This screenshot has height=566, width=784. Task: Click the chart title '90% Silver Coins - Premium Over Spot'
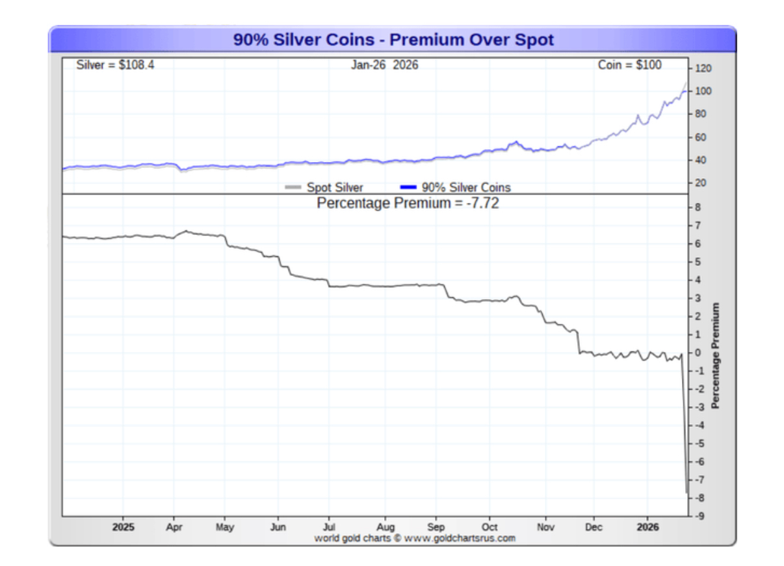tap(393, 40)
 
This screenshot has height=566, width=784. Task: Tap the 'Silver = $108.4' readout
tap(115, 65)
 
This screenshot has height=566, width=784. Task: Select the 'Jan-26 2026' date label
tap(385, 65)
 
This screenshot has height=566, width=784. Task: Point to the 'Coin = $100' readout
tap(630, 65)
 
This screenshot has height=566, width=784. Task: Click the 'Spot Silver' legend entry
tap(334, 187)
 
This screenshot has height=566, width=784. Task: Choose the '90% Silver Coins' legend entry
tap(465, 187)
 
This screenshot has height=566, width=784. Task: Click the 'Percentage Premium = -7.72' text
tap(408, 203)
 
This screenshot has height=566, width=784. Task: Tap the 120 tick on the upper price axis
tap(703, 68)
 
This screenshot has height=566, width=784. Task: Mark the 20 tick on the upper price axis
tap(701, 183)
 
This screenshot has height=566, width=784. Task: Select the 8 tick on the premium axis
tap(698, 208)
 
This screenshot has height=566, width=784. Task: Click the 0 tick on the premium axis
tap(698, 353)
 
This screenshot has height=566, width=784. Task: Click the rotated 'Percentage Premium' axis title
tap(715, 355)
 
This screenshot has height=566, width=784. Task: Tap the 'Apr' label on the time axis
tap(174, 527)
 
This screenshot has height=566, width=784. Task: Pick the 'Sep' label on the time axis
tap(436, 527)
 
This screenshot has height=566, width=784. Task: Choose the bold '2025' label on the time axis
tap(123, 527)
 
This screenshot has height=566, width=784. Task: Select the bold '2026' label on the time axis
tap(647, 527)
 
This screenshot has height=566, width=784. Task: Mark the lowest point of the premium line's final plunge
tap(686, 492)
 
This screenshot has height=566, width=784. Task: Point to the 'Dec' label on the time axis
tap(593, 527)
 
